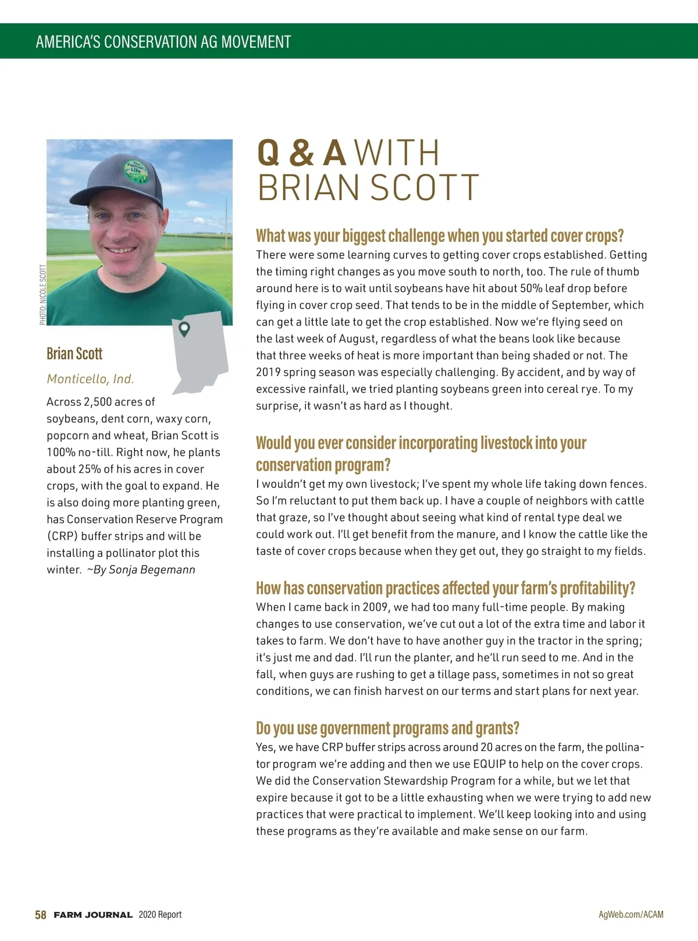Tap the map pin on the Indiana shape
184,329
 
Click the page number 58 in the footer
41,915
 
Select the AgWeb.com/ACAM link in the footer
631,914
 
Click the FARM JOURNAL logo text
93,915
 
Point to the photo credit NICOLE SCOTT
43,295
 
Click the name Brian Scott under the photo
74,354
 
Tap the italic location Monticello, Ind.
90,379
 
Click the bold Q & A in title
301,153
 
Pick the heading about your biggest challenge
440,236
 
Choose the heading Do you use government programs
387,728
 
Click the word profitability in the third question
597,588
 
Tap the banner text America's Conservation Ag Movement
163,42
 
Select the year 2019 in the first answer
268,372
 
